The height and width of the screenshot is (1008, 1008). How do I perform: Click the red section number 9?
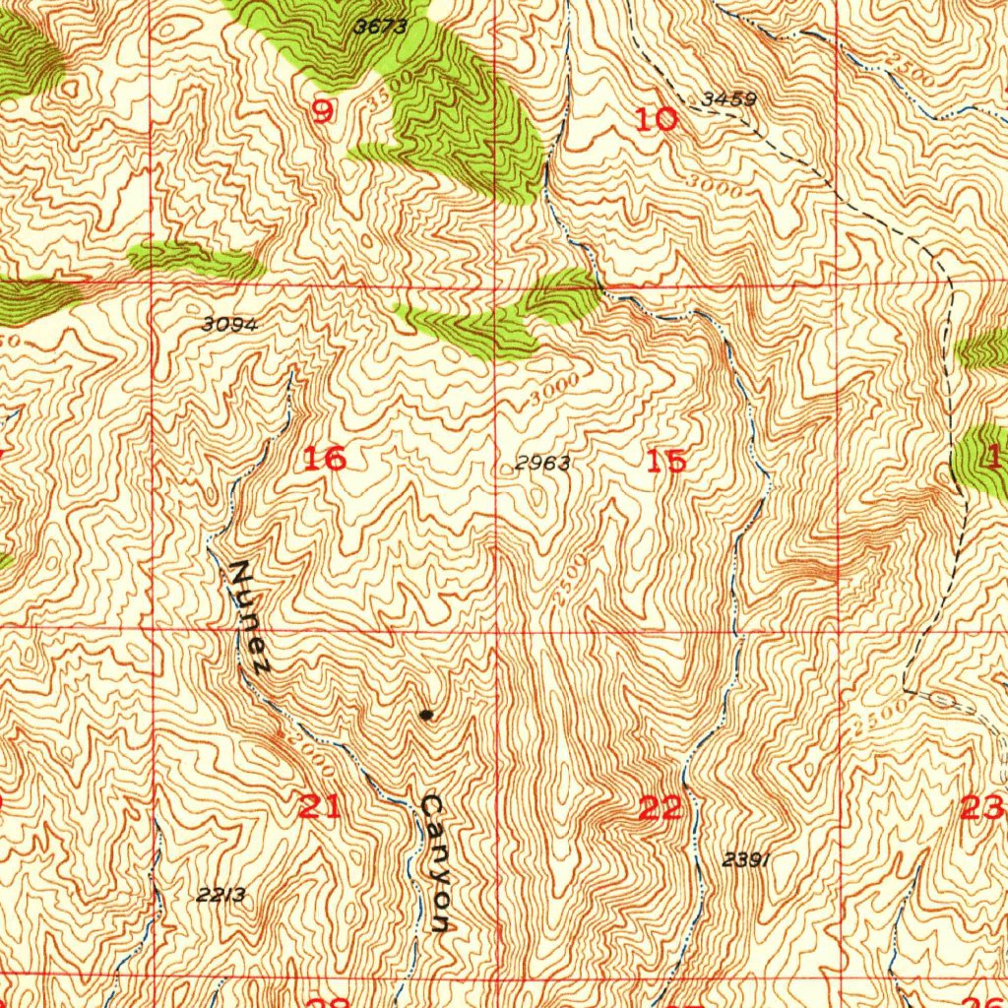pyautogui.click(x=322, y=113)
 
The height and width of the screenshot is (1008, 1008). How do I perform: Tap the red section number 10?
pyautogui.click(x=657, y=120)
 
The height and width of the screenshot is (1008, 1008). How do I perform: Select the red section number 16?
pyautogui.click(x=324, y=458)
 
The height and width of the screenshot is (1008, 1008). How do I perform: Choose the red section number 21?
pyautogui.click(x=320, y=808)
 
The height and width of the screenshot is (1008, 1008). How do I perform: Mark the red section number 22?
pyautogui.click(x=661, y=809)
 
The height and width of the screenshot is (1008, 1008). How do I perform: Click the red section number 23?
pyautogui.click(x=981, y=809)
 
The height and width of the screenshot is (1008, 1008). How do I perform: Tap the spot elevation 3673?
pyautogui.click(x=380, y=28)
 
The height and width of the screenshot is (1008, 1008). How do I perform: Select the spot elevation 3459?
pyautogui.click(x=729, y=99)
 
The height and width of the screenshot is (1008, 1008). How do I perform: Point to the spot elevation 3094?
pyautogui.click(x=230, y=324)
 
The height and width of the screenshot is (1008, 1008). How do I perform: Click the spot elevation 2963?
pyautogui.click(x=542, y=464)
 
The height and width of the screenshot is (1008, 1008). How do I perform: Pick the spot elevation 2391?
pyautogui.click(x=745, y=859)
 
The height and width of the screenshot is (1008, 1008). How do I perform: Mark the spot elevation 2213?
pyautogui.click(x=220, y=895)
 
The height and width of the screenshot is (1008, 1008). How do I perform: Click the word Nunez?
pyautogui.click(x=250, y=616)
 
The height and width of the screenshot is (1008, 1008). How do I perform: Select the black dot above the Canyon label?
pyautogui.click(x=425, y=715)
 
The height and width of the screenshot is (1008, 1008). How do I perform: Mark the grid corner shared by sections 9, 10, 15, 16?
pyautogui.click(x=495, y=286)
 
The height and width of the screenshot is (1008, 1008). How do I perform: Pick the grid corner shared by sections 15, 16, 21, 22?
pyautogui.click(x=496, y=627)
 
